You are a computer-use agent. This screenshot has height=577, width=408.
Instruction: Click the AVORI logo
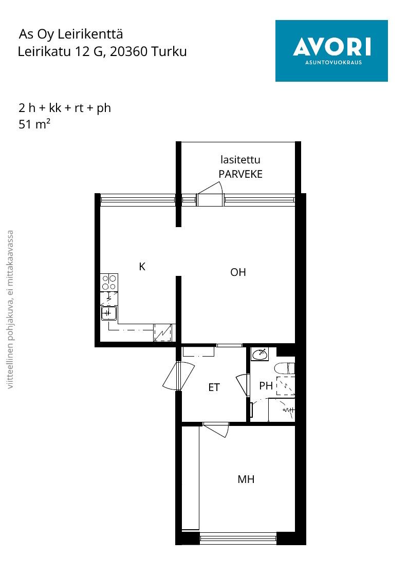point(331,51)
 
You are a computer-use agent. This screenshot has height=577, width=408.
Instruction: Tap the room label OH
point(238,272)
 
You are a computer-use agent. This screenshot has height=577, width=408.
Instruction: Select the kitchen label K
point(142,267)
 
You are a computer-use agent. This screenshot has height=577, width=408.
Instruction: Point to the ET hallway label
point(214,387)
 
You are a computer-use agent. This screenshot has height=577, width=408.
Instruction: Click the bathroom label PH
point(266,386)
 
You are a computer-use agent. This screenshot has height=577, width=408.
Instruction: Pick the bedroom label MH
point(246,479)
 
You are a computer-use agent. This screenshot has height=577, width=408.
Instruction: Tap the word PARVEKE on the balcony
point(240,174)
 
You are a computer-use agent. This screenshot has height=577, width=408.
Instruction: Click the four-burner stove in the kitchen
point(109,283)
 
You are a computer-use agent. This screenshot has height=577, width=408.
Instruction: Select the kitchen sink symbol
point(109,313)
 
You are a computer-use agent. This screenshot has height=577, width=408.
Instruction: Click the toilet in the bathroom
point(285,368)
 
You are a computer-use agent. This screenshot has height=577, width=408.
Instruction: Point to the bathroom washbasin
point(260,355)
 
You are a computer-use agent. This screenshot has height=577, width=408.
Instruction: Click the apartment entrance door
point(178,376)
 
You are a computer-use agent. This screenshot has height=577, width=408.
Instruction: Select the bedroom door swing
point(216,430)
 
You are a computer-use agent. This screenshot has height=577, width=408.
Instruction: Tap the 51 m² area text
point(34,124)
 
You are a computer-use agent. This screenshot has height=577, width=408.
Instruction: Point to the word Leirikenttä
point(90,34)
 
